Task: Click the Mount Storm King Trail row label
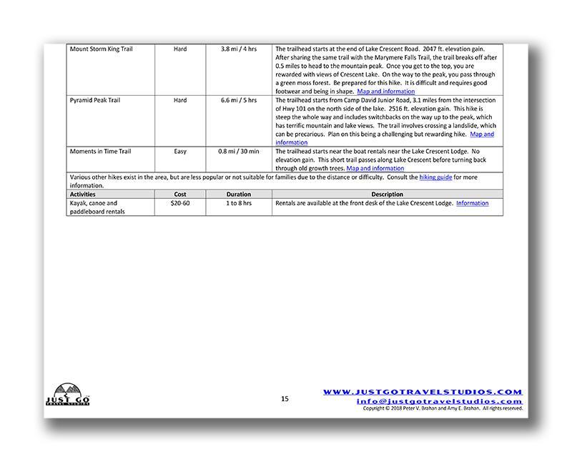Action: click(x=101, y=49)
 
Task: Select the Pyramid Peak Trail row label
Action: click(x=94, y=100)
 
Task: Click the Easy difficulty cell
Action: click(x=180, y=152)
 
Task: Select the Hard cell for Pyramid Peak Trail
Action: click(x=180, y=100)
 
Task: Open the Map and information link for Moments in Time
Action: click(x=375, y=169)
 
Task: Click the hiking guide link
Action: click(x=436, y=177)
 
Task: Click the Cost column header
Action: click(x=180, y=195)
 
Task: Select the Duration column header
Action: click(x=238, y=195)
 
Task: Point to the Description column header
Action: click(x=387, y=195)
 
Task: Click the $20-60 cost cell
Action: click(x=180, y=203)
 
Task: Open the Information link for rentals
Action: click(x=473, y=203)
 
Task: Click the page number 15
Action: click(x=285, y=399)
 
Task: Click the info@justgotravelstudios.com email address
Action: click(x=439, y=401)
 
